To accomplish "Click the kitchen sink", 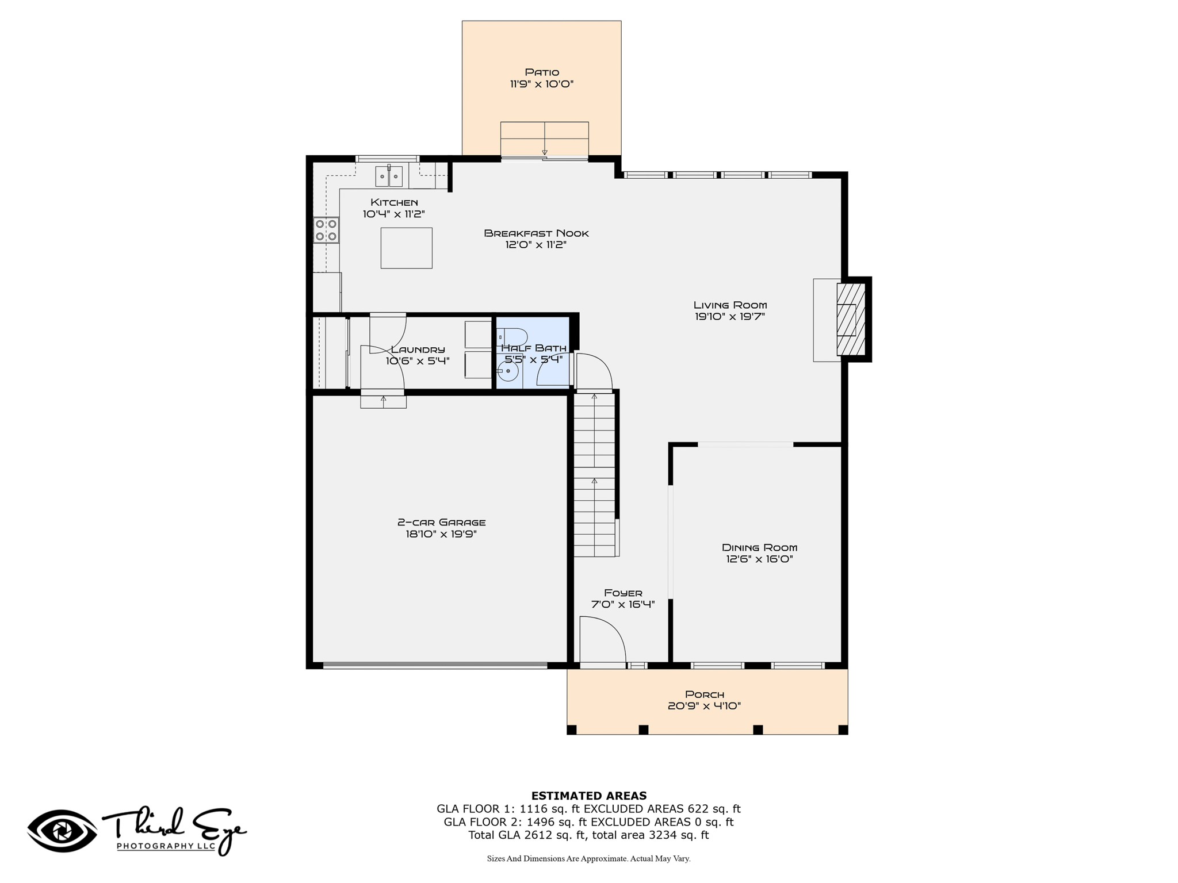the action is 389,176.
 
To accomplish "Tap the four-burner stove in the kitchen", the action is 326,230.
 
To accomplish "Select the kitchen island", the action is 406,248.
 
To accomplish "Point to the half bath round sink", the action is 508,371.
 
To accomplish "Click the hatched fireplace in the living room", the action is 851,319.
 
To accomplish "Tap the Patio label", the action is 542,72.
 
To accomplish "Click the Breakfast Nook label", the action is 536,233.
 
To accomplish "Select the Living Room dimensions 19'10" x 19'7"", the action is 730,316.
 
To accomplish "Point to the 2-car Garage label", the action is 441,523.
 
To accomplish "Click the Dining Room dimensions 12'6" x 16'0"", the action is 759,559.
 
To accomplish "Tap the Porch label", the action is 705,694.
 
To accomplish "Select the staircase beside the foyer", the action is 595,474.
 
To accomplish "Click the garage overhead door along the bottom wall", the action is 435,666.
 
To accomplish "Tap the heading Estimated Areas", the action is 589,796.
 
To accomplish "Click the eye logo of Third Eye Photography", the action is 62,831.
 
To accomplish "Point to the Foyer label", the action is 623,593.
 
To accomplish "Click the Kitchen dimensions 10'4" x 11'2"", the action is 394,214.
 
